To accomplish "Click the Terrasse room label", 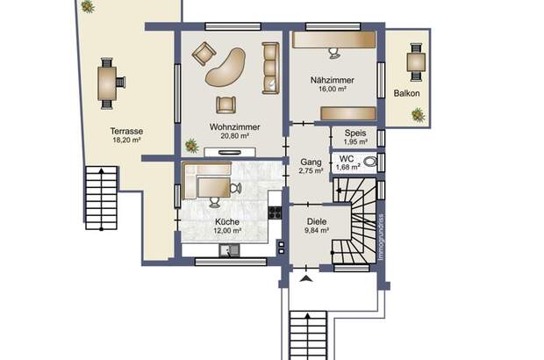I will coord(127,131).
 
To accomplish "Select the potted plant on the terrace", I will coord(88,6).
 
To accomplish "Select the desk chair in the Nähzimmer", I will coord(333,53).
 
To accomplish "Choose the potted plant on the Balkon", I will coord(418,114).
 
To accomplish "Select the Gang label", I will coord(311,162).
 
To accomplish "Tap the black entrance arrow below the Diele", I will coord(305,279).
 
